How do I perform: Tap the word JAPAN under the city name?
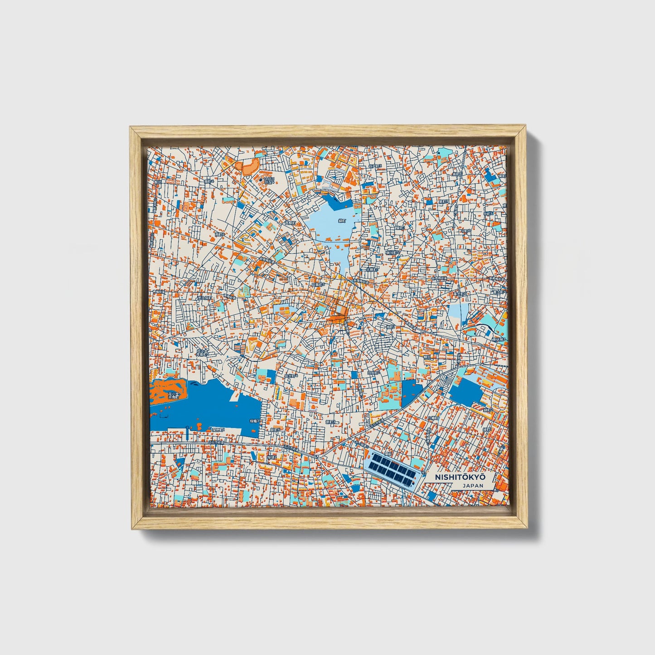point(472,485)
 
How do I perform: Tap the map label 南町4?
point(209,180)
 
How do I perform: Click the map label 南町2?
point(220,234)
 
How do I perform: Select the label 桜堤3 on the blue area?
point(254,421)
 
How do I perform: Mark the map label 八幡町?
point(434,417)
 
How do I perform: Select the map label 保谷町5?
point(392,252)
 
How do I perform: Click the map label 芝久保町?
point(204,298)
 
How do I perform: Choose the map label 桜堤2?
point(272,457)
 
